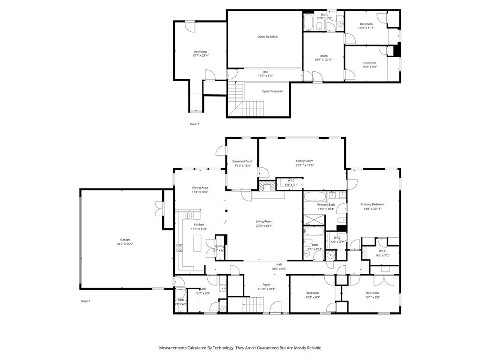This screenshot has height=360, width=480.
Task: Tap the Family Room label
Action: [304, 161]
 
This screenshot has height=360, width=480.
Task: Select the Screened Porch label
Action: [242, 161]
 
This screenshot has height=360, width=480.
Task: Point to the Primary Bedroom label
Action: [372, 204]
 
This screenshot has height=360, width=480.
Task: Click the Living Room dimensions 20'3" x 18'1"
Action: [264, 226]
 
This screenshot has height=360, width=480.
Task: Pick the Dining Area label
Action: [200, 187]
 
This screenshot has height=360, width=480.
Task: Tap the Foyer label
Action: [266, 285]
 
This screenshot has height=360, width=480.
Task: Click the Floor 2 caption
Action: [194, 124]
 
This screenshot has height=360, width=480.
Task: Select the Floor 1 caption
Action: [85, 301]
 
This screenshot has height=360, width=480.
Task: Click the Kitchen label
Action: [199, 225]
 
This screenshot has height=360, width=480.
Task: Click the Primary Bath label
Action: [325, 205]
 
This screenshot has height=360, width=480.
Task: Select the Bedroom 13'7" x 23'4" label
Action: [200, 52]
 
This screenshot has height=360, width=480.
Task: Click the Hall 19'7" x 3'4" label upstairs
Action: [265, 72]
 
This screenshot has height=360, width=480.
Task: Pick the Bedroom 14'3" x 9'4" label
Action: [369, 63]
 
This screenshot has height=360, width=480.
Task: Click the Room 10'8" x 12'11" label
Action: [323, 56]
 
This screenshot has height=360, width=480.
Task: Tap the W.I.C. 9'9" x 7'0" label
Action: [382, 251]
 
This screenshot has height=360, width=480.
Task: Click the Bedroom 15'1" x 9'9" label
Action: [373, 293]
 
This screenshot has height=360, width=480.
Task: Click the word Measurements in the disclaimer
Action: [176, 348]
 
